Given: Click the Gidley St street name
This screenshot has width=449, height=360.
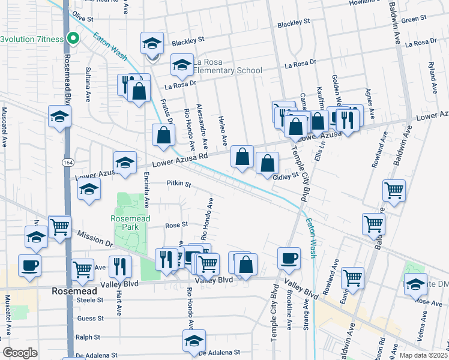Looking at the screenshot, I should (x=286, y=177).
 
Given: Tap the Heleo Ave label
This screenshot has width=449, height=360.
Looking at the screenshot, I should (x=222, y=130).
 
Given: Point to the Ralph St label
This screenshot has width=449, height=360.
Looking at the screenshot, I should (x=88, y=337).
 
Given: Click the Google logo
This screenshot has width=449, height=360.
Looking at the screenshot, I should (x=20, y=353).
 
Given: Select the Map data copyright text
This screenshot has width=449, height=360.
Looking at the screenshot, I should (x=424, y=355).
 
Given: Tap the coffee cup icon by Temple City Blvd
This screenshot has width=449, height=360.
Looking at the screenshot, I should (x=289, y=257).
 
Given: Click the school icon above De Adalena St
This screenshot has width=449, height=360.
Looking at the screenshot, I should (x=194, y=340).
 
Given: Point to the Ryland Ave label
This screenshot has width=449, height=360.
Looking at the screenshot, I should (x=432, y=77).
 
